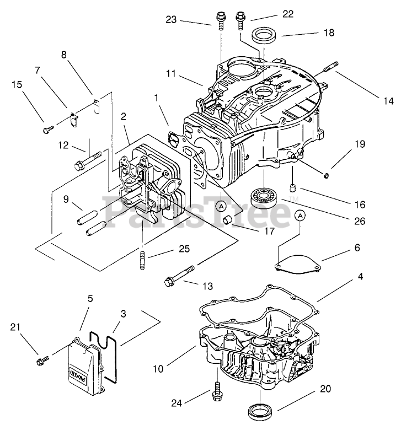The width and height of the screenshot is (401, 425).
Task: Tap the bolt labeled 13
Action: (x=180, y=276)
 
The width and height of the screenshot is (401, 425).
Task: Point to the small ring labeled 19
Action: (x=327, y=175)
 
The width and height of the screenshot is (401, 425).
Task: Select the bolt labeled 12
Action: (x=87, y=160)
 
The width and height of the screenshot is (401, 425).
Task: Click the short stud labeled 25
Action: (x=142, y=260)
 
